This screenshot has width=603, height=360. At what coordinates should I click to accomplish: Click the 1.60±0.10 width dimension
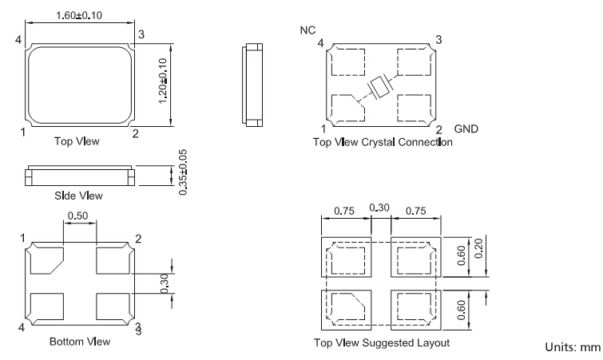point(80,15)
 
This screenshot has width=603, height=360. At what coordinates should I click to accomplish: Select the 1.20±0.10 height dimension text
point(164,80)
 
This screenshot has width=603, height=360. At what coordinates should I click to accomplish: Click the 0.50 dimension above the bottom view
point(79,216)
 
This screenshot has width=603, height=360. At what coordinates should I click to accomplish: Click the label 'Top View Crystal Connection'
point(383,143)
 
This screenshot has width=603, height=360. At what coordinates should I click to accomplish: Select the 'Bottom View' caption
point(80,342)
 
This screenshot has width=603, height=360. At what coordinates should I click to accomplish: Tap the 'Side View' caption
point(78,195)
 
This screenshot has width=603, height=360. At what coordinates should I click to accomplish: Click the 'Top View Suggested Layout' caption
point(382,342)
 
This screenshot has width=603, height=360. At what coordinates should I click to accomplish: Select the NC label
point(307,31)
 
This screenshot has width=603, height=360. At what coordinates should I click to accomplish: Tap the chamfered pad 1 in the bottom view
point(47,260)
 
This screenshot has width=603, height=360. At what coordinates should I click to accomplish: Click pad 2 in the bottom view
point(112,260)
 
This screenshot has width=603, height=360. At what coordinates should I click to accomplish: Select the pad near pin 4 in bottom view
point(47,306)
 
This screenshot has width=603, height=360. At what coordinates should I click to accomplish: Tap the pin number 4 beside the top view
point(18,38)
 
